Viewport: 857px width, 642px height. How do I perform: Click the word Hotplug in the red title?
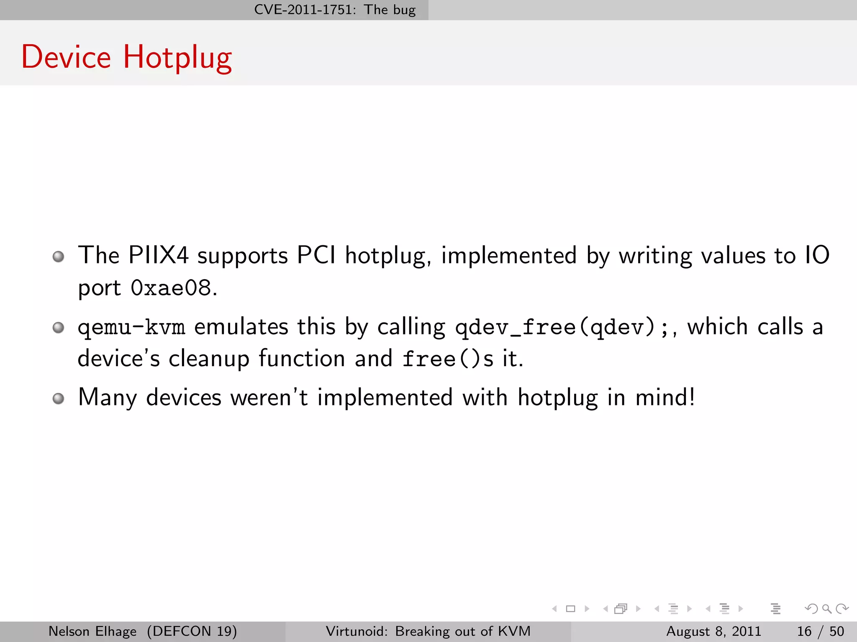point(177,57)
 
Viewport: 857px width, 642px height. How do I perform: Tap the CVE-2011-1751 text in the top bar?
point(305,10)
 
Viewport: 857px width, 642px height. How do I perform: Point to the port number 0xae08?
point(171,288)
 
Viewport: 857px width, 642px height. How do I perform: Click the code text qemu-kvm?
point(131,327)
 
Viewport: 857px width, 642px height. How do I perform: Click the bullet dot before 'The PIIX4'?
point(59,256)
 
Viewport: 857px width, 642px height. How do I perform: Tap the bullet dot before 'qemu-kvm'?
point(59,327)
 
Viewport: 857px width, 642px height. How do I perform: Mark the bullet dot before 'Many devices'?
point(59,398)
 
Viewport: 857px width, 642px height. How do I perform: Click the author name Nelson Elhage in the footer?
point(92,631)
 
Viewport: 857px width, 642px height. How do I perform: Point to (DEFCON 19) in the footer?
point(192,631)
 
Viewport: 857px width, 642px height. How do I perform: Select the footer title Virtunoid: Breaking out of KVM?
point(428,631)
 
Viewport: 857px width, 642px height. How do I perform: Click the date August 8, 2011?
point(713,631)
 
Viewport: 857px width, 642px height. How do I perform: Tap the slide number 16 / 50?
point(820,631)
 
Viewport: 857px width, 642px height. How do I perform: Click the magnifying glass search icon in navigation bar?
point(826,609)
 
